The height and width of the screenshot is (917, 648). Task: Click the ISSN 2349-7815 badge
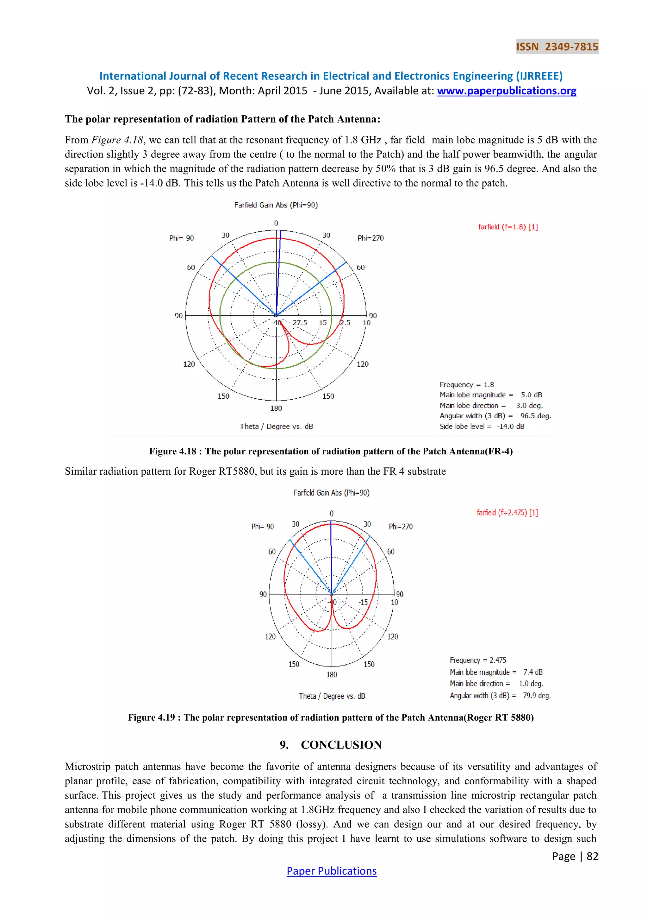click(x=557, y=47)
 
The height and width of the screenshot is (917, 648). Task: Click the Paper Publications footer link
click(x=331, y=871)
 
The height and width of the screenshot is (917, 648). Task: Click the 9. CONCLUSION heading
click(x=331, y=744)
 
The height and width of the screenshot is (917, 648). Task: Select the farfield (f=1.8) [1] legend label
click(x=508, y=227)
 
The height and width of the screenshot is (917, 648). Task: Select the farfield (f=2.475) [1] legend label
click(x=507, y=512)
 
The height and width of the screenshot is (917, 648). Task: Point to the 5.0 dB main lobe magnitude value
click(x=531, y=395)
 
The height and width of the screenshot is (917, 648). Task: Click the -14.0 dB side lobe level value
click(x=510, y=426)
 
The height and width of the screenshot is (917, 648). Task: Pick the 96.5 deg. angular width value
click(x=535, y=416)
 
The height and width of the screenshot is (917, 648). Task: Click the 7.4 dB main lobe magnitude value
click(x=533, y=672)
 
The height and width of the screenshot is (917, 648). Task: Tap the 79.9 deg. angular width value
click(x=536, y=695)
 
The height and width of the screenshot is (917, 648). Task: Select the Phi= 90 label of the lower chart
click(x=262, y=527)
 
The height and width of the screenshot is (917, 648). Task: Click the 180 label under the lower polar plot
click(x=331, y=674)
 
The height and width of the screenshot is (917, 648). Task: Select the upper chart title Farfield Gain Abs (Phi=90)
click(x=276, y=205)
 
